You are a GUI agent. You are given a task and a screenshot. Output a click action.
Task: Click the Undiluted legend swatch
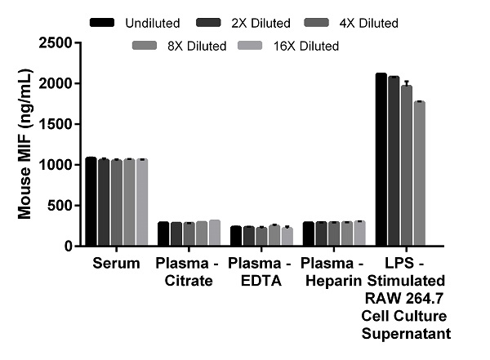(x=101, y=22)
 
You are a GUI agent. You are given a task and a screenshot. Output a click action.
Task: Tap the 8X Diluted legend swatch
(x=147, y=47)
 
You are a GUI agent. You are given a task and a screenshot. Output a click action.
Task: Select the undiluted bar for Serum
(x=91, y=201)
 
